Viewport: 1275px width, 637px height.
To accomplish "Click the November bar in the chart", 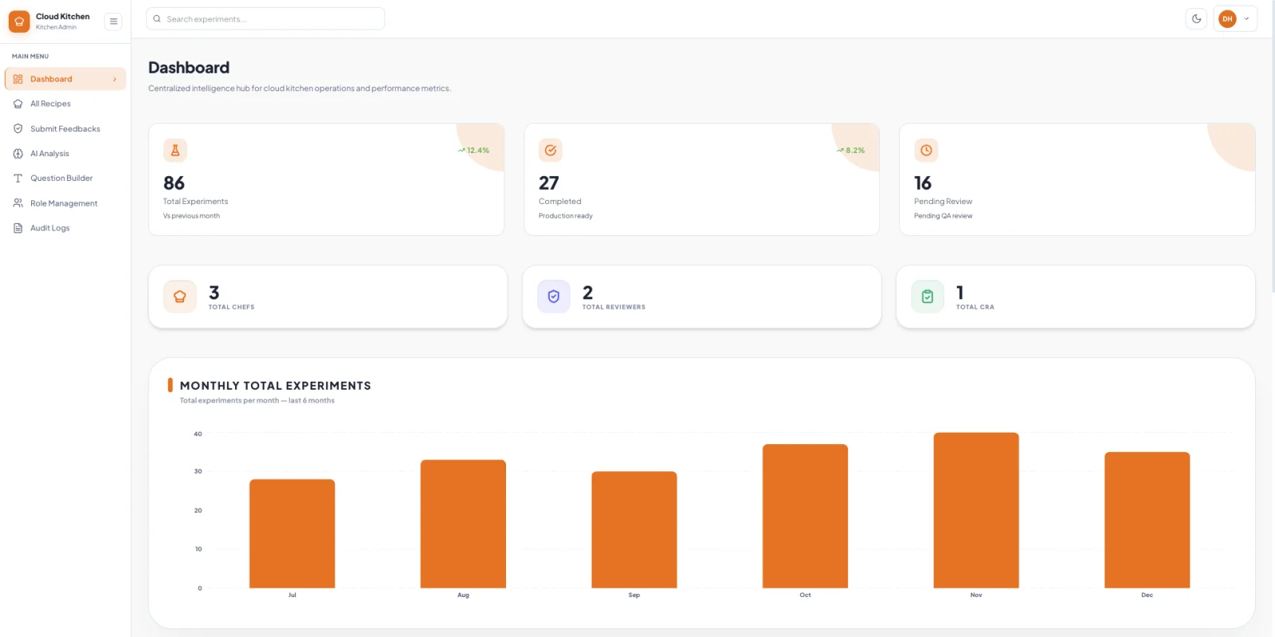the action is point(975,510).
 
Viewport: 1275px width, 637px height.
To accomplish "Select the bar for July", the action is point(292,533).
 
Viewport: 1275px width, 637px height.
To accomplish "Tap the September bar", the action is point(634,529).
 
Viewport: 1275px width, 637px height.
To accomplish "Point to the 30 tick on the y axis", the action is point(198,471).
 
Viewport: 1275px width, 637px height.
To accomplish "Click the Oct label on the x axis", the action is point(805,595).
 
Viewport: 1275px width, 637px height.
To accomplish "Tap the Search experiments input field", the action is point(265,19).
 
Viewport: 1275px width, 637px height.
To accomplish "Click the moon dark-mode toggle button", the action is point(1196,19).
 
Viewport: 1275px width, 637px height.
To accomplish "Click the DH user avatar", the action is point(1227,19).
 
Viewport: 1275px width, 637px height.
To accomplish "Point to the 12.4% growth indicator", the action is point(473,151).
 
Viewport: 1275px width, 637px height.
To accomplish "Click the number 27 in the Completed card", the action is point(549,183).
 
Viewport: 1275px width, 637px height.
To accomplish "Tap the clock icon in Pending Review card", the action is point(926,151).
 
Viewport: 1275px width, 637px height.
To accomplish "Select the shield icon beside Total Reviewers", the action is point(553,296).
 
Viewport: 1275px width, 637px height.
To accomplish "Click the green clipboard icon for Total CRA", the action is point(928,296).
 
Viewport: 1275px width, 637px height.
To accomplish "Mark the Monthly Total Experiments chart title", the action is point(276,385).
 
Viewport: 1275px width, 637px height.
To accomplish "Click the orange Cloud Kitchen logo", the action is point(19,22).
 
